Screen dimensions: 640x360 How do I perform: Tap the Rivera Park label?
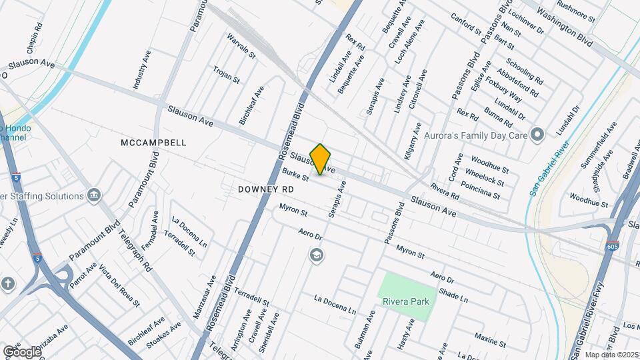coord(405,301)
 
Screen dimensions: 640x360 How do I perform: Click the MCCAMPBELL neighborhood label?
coord(154,143)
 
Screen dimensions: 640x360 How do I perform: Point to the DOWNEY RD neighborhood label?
coord(266,189)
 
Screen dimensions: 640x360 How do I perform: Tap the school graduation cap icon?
coord(316,255)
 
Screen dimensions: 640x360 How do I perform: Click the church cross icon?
coord(7,282)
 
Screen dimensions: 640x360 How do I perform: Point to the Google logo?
coord(21,351)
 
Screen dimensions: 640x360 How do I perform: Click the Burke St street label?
coord(296,175)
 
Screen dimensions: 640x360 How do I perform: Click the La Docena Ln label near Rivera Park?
coord(335,305)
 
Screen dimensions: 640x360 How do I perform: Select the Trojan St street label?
coord(226,74)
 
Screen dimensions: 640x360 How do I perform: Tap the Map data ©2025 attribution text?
coord(611,355)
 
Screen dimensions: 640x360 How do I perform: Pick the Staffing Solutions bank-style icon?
coord(94,196)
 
